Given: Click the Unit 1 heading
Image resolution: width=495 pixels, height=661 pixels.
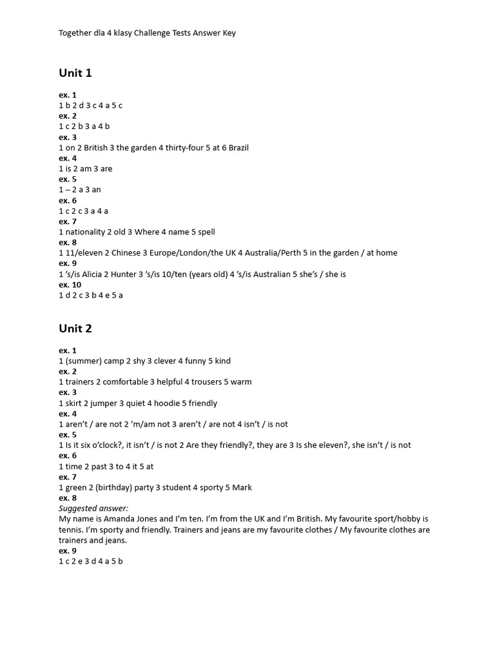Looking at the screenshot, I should (75, 73).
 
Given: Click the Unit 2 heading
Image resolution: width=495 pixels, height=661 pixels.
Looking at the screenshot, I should (75, 329).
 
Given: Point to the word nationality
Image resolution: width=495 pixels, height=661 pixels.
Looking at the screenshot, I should (87, 232).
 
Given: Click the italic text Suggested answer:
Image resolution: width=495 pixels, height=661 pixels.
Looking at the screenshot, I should (93, 509).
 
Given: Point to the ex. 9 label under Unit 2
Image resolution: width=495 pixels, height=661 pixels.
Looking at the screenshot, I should (68, 551).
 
